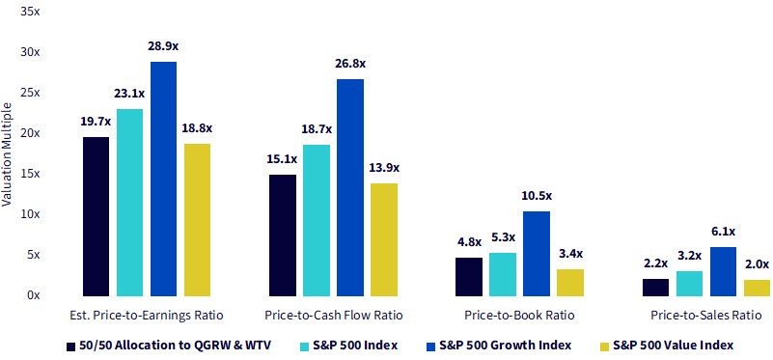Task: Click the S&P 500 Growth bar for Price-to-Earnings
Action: click(x=163, y=179)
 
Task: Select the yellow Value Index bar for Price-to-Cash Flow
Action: click(x=384, y=239)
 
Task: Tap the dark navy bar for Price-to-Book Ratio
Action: click(x=469, y=277)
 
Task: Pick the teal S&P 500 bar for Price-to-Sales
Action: click(x=689, y=284)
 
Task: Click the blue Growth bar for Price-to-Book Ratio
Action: click(x=537, y=254)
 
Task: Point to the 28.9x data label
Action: click(x=163, y=46)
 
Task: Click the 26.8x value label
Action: click(x=350, y=64)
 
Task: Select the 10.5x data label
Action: click(x=537, y=196)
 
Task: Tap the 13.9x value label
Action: click(x=384, y=168)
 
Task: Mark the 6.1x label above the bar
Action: click(x=723, y=232)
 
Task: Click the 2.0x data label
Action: click(x=757, y=264)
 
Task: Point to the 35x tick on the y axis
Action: click(x=31, y=12)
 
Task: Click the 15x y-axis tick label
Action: click(x=31, y=174)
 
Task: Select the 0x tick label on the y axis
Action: click(x=34, y=295)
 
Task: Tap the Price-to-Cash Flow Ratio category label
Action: click(x=334, y=316)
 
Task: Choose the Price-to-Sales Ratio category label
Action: click(x=706, y=316)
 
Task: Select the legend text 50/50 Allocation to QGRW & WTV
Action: click(x=175, y=346)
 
